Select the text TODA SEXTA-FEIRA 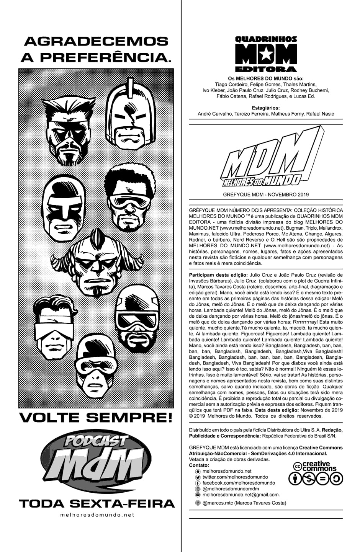[x=97, y=503]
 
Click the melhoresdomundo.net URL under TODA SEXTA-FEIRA [x=97, y=515]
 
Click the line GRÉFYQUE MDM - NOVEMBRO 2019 [x=265, y=194]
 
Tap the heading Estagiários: [x=266, y=108]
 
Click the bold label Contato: [x=199, y=465]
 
